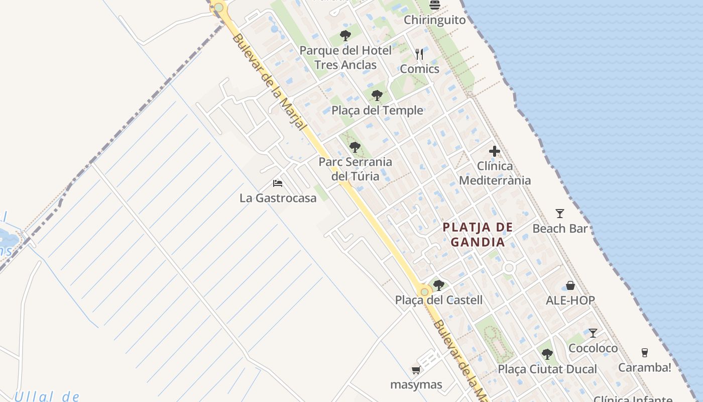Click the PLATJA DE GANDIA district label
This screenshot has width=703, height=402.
tap(478, 235)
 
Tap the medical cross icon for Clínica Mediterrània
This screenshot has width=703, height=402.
tap(495, 151)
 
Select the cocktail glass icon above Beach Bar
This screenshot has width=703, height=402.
tap(560, 214)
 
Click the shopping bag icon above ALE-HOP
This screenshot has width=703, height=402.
tap(570, 285)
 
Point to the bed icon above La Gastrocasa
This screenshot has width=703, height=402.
tap(278, 183)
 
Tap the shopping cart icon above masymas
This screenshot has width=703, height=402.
tap(416, 370)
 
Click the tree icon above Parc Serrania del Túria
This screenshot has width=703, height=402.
tap(355, 147)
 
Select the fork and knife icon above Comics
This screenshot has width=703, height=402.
tap(419, 54)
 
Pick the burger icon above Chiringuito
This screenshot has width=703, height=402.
tap(435, 6)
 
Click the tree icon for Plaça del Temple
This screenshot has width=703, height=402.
tap(377, 95)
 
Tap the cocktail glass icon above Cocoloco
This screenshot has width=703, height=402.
tap(593, 333)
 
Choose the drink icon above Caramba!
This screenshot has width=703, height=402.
tap(645, 352)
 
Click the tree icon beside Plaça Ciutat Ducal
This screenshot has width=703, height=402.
tap(547, 354)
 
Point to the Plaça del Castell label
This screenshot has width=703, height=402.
tap(439, 300)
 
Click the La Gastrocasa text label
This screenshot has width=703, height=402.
tap(278, 198)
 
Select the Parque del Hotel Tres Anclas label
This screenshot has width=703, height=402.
tap(345, 57)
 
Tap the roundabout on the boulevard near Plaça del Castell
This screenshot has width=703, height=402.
tap(425, 291)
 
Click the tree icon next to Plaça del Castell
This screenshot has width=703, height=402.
tap(439, 285)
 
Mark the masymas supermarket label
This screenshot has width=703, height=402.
tap(416, 385)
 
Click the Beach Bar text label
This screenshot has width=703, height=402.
tap(560, 229)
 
